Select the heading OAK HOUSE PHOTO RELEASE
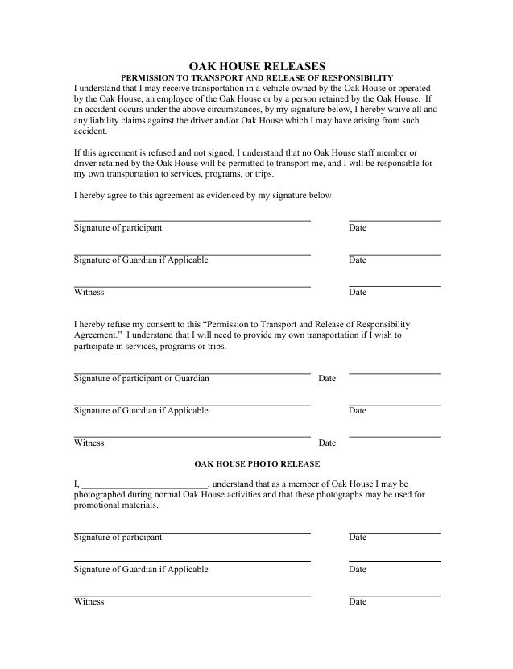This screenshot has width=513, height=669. (x=257, y=464)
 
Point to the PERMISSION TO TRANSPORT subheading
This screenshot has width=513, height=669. (x=257, y=77)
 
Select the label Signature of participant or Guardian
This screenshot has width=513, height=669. (x=142, y=379)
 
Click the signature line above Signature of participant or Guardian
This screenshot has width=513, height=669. (x=192, y=373)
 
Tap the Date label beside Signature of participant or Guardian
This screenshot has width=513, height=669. (x=327, y=379)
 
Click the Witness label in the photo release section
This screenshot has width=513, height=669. (x=89, y=602)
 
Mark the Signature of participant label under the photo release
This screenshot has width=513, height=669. (x=118, y=538)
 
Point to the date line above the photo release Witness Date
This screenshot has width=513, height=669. (x=395, y=596)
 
